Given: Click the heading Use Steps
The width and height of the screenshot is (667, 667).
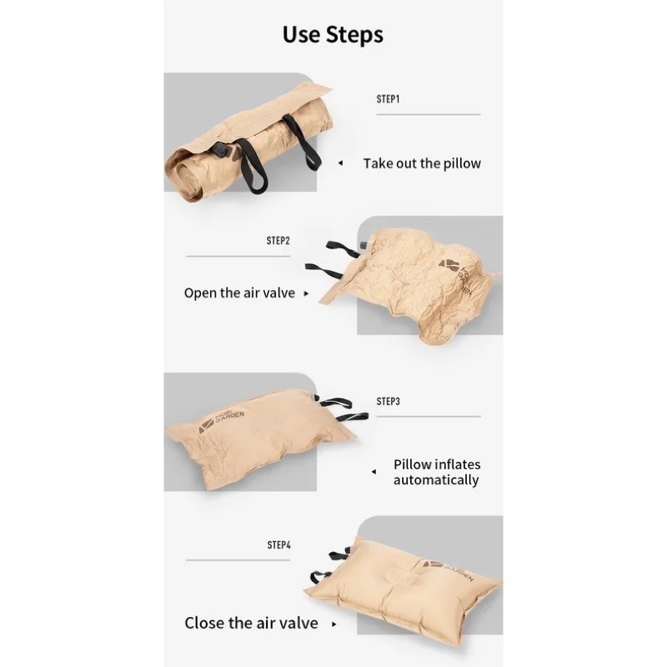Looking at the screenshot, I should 333,35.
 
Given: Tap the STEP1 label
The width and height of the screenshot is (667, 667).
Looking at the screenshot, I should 389,98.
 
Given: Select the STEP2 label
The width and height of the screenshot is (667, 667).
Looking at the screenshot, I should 278,240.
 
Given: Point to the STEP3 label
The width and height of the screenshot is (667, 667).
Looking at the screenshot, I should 389,401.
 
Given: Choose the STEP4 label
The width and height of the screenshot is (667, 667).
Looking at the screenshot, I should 278,544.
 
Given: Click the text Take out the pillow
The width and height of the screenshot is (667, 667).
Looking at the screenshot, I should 422,163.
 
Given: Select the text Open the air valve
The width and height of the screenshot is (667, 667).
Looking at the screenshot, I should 239,293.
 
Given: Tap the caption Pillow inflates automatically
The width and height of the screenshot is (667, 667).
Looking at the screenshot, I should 436,472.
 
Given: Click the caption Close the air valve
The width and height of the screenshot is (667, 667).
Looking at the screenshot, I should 251,623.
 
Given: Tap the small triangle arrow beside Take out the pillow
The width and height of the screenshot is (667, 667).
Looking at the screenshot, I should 339,164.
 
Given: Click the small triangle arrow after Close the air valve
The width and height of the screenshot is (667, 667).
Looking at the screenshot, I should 334,624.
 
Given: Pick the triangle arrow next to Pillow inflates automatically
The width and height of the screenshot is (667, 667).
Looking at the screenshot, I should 373,472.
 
